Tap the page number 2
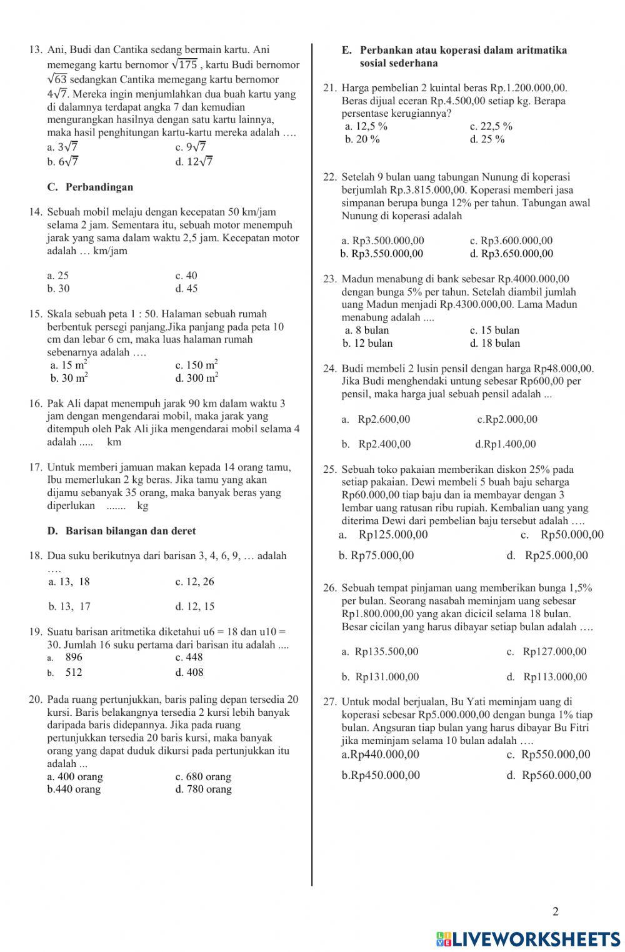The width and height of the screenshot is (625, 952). point(556,911)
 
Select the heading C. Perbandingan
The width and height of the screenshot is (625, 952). point(90,187)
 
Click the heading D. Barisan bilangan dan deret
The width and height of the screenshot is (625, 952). point(121,531)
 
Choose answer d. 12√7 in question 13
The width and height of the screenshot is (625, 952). point(194,162)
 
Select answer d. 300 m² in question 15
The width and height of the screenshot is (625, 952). point(196,377)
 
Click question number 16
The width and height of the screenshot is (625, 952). point(36,404)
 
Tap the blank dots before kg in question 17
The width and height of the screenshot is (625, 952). point(116,506)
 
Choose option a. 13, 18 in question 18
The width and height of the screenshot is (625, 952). point(69,582)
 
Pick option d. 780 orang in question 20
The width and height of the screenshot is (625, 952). point(203,789)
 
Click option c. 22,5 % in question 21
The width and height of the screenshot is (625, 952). point(491,126)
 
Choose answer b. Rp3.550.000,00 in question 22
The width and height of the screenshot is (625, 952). point(382,254)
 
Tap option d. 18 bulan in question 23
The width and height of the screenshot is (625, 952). point(494,343)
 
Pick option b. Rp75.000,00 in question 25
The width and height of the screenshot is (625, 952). point(376,555)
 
